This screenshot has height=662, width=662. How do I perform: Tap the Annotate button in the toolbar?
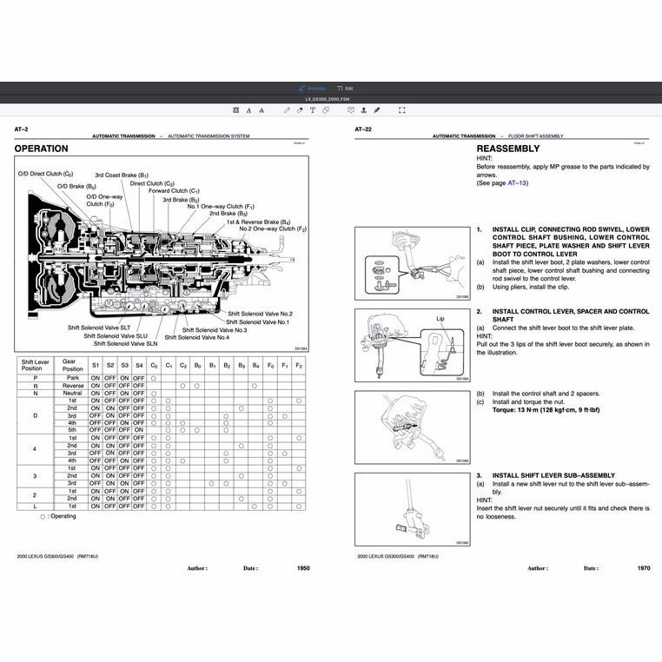coord(314,89)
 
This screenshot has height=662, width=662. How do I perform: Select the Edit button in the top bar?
coord(346,89)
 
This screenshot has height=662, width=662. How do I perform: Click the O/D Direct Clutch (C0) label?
coord(45,174)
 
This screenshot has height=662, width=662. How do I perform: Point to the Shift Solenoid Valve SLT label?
coord(99,328)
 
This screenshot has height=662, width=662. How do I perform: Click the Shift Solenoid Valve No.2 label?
coord(260,313)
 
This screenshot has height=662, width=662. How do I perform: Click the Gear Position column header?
coord(72,365)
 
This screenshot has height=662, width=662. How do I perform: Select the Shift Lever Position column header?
coord(35,365)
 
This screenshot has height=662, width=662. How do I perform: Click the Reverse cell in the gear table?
coord(72,386)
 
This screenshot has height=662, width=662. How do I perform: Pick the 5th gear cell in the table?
coord(72,430)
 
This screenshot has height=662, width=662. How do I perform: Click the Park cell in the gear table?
coord(72,378)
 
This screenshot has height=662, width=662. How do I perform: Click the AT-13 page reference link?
coord(517,183)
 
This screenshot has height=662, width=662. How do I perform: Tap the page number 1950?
coord(302,568)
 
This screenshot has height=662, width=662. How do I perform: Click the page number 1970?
coord(643,568)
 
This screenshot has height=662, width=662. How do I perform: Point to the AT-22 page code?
coord(363,129)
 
